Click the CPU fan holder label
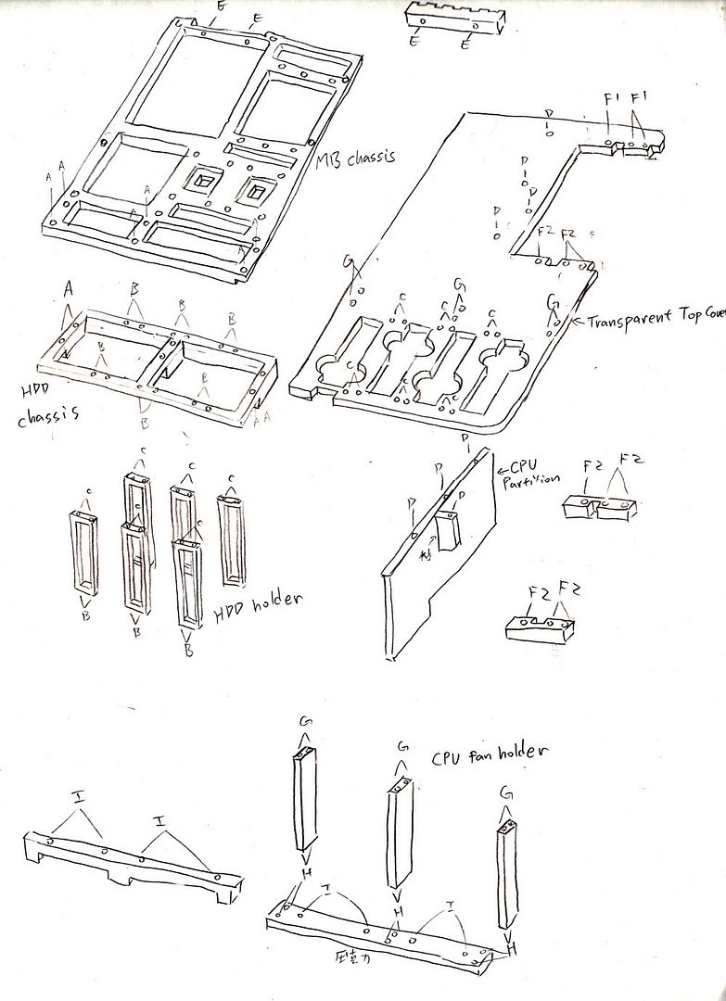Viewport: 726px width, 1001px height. [487, 755]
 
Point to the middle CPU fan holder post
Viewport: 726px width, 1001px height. [398, 843]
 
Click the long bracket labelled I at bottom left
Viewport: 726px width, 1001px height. [130, 867]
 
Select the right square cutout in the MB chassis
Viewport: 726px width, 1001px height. [253, 191]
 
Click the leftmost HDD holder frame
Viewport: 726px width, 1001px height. [84, 551]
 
